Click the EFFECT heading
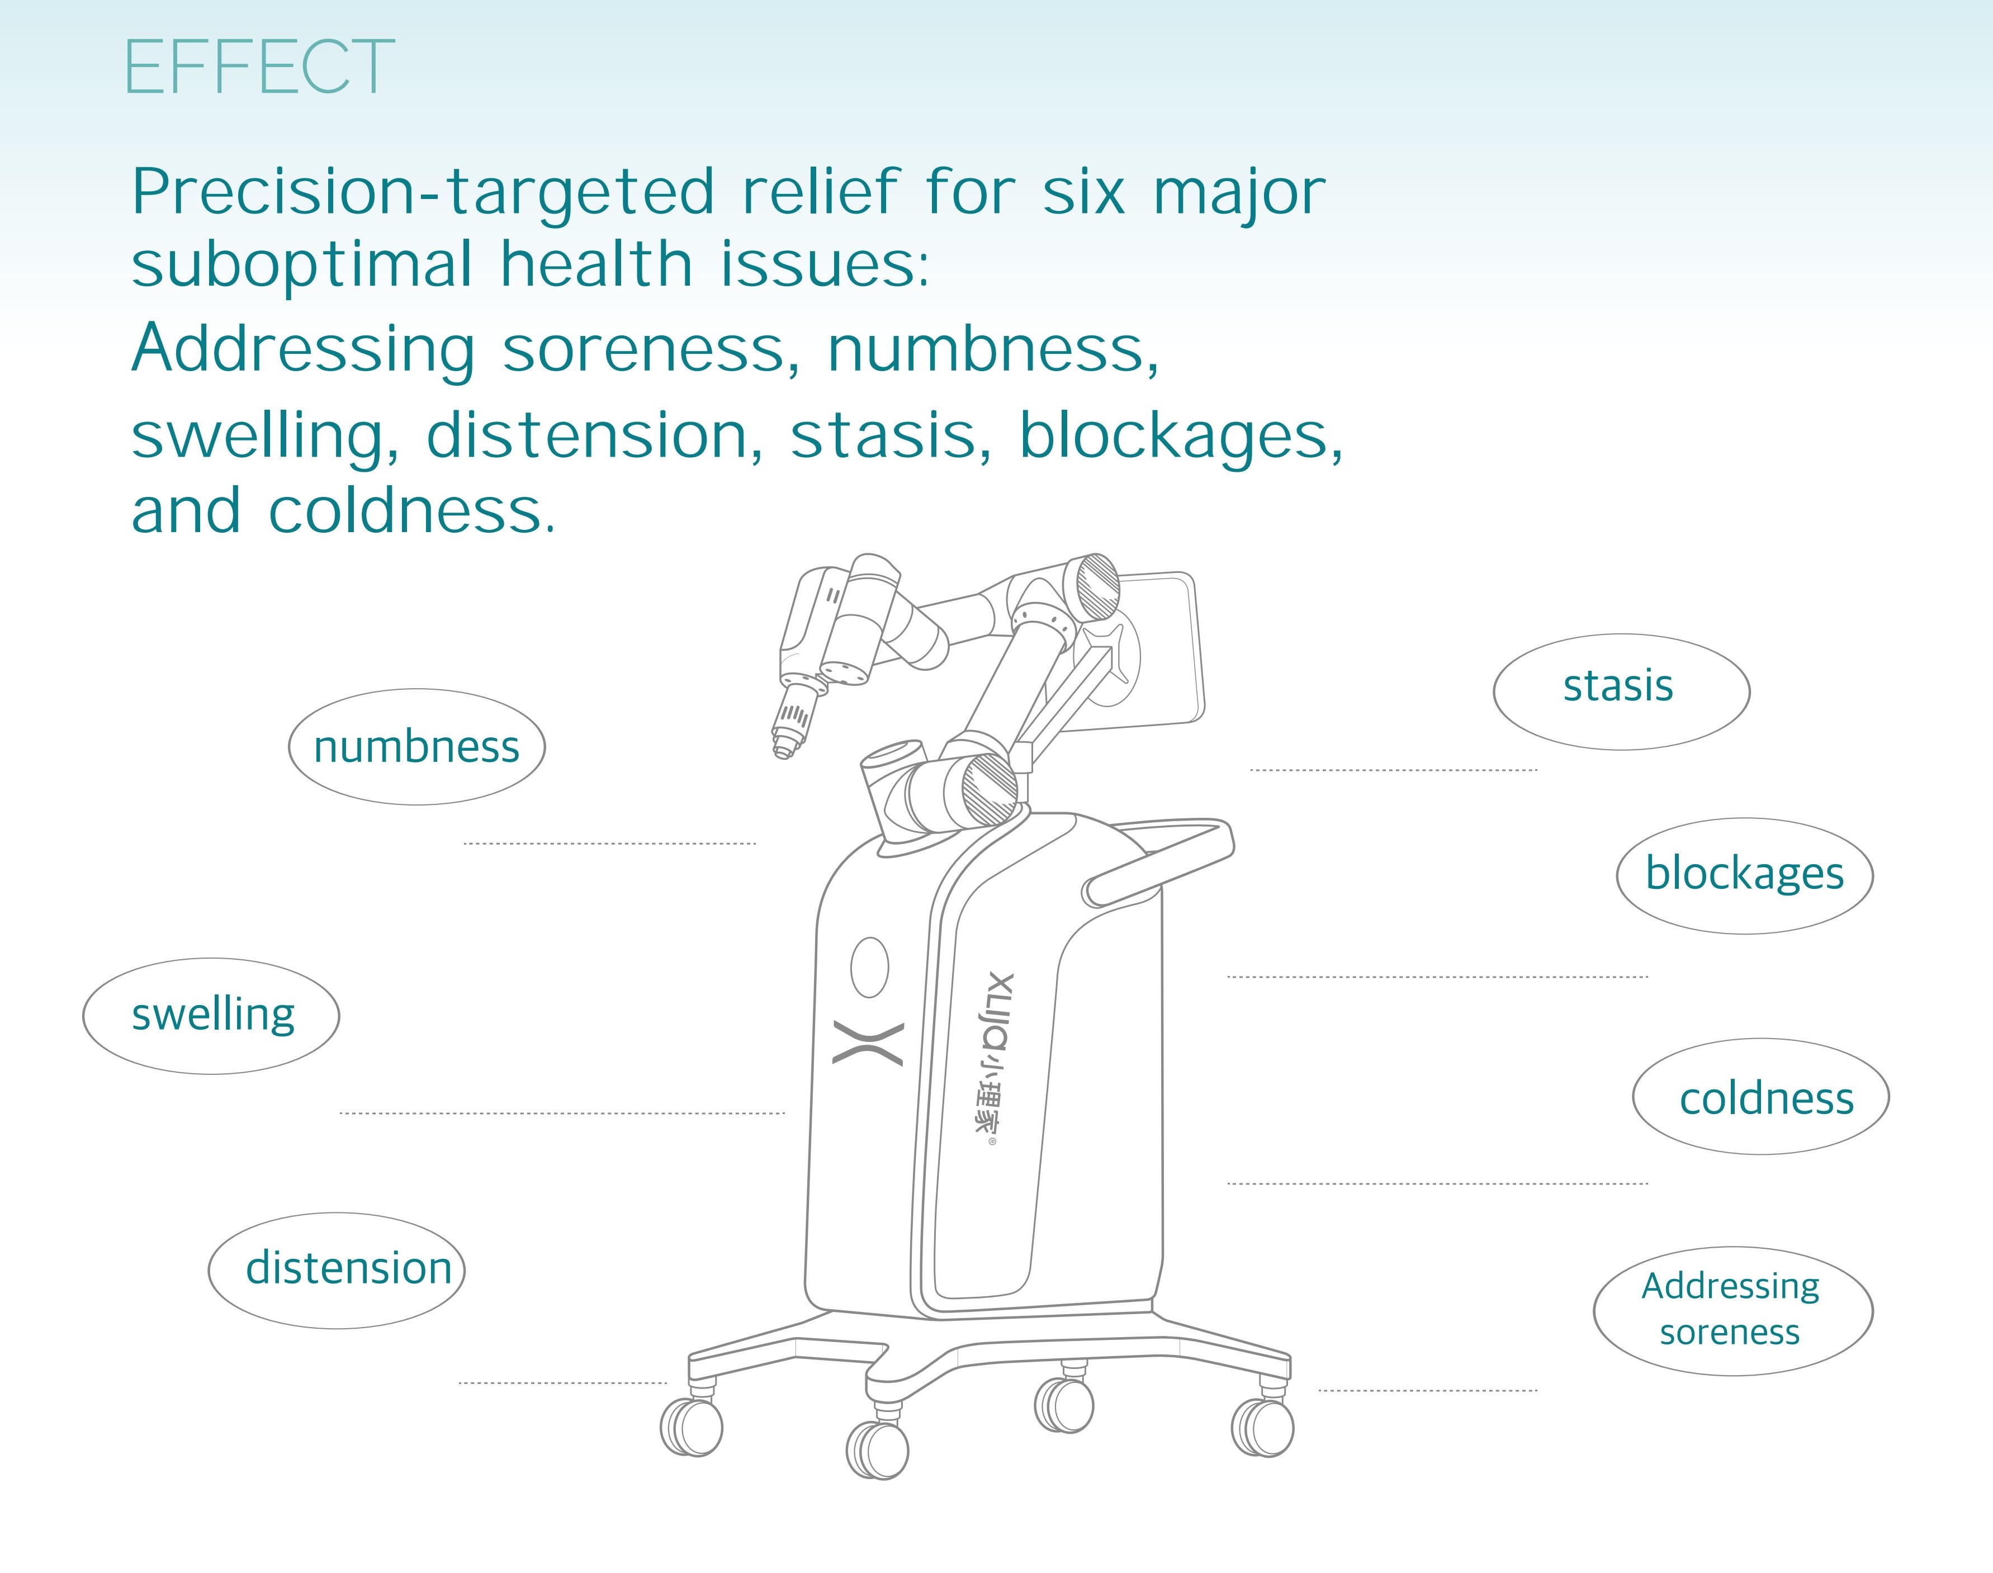coord(260,67)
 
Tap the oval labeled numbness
coord(416,747)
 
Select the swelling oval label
coord(211,1016)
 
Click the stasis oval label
coord(1621,691)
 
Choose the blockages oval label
coord(1744,876)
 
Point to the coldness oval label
coord(1761,1096)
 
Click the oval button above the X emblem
coord(869,967)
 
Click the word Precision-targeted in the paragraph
coord(423,192)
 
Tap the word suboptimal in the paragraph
coord(302,263)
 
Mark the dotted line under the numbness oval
coord(610,844)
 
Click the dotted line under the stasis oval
coord(1394,770)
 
